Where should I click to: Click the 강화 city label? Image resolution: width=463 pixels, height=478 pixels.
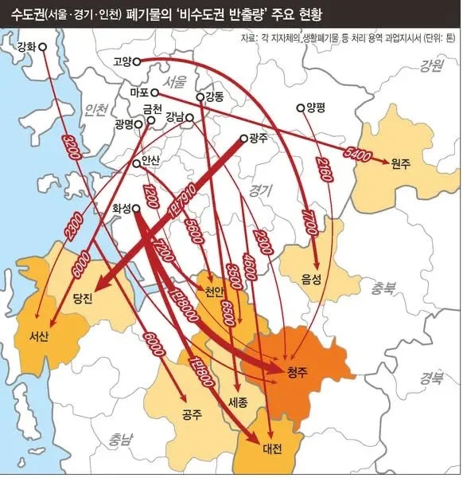pos(26,47)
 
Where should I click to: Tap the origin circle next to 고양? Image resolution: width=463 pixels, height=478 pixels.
pos(137,61)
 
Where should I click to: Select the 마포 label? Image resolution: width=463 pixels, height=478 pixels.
pos(139,92)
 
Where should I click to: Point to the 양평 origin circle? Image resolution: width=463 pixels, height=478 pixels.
pos(300,108)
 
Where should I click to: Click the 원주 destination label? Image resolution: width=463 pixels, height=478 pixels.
pos(399,163)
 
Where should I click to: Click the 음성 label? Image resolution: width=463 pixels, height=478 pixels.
pos(312,279)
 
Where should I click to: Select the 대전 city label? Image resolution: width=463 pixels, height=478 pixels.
pos(272,449)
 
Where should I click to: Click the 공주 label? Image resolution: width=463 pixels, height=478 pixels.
pos(192,413)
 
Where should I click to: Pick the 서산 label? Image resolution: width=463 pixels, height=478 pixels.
pos(37,335)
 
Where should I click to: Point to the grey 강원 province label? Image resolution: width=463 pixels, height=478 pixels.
pos(432,66)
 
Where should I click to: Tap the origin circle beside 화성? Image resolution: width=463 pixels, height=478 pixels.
pos(136,209)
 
